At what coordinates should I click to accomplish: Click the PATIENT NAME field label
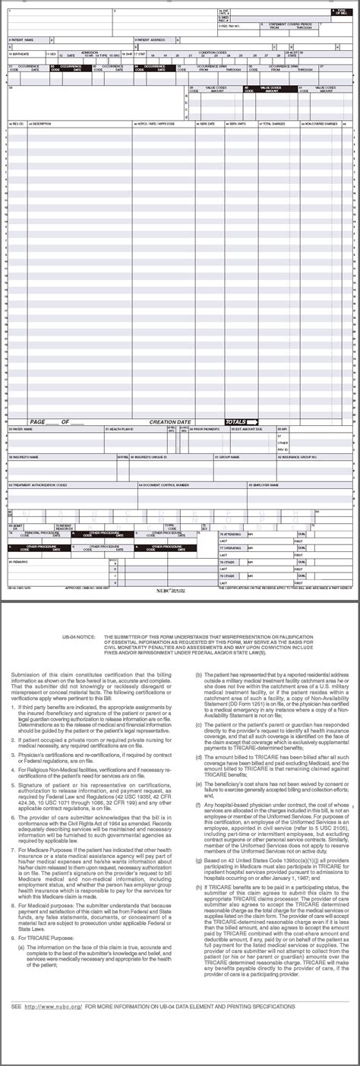pyautogui.click(x=24, y=39)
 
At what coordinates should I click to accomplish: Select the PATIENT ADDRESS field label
pyautogui.click(x=152, y=39)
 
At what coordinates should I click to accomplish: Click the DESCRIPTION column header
pyautogui.click(x=43, y=123)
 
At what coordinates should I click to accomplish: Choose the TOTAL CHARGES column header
pyautogui.click(x=274, y=123)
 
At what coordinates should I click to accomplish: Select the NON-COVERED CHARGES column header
pyautogui.click(x=321, y=123)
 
